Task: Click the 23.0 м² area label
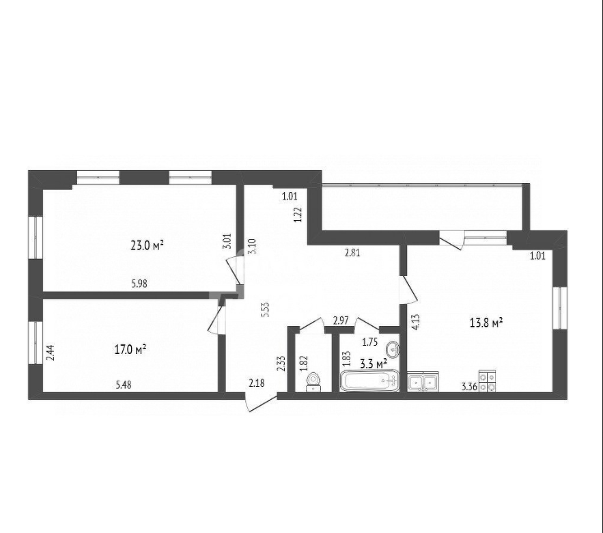pyautogui.click(x=148, y=245)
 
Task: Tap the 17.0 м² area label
pyautogui.click(x=130, y=349)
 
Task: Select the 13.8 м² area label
pyautogui.click(x=486, y=323)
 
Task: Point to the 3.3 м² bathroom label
pyautogui.click(x=373, y=363)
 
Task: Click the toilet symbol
pyautogui.click(x=314, y=382)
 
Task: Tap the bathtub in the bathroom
pyautogui.click(x=369, y=381)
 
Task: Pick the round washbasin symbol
pyautogui.click(x=393, y=348)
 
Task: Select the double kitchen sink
pyautogui.click(x=423, y=382)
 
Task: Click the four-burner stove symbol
pyautogui.click(x=487, y=381)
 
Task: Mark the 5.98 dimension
pyautogui.click(x=139, y=284)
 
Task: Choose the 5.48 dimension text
pyautogui.click(x=124, y=385)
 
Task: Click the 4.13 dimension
pyautogui.click(x=415, y=323)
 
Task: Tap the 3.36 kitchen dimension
pyautogui.click(x=469, y=387)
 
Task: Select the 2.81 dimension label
pyautogui.click(x=352, y=253)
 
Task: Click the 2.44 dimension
pyautogui.click(x=51, y=353)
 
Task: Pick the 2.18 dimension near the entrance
pyautogui.click(x=257, y=383)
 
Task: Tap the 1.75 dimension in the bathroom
pyautogui.click(x=370, y=342)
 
